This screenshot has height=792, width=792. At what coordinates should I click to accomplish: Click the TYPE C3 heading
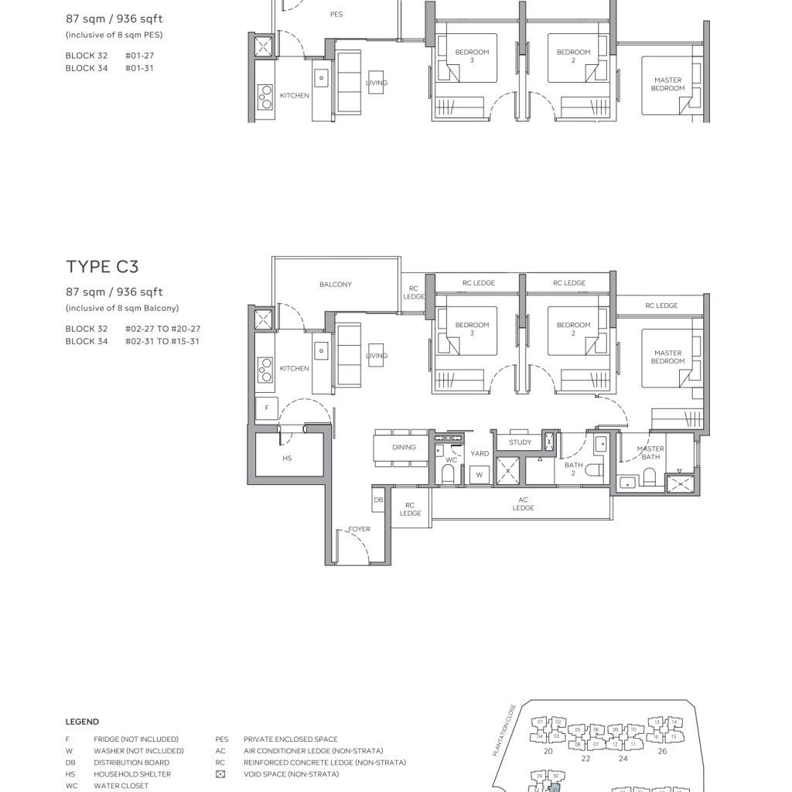click(x=103, y=267)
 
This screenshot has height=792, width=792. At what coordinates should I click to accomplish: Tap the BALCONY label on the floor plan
click(x=335, y=285)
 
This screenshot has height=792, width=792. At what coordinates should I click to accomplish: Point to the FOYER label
click(x=359, y=530)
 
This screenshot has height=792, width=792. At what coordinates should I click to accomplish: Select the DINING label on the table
click(x=403, y=447)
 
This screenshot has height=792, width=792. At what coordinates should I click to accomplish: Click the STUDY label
click(x=520, y=442)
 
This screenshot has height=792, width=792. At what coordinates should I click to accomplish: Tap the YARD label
click(x=480, y=454)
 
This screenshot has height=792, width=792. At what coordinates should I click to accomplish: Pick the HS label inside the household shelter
click(x=287, y=459)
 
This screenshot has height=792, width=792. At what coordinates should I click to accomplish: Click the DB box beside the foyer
click(x=378, y=500)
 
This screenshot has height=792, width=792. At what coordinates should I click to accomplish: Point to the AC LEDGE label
click(x=523, y=504)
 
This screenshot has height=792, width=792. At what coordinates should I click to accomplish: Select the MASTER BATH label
click(x=650, y=453)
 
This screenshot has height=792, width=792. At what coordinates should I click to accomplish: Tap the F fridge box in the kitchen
click(x=267, y=408)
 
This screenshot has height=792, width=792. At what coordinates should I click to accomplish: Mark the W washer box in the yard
click(x=479, y=475)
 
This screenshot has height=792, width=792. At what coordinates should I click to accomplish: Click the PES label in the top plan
click(x=336, y=15)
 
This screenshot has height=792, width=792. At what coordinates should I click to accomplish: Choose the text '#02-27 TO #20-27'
click(x=162, y=329)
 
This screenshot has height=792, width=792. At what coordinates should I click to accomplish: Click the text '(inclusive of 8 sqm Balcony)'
click(x=121, y=309)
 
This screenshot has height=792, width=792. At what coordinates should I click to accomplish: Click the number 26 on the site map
click(x=661, y=751)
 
